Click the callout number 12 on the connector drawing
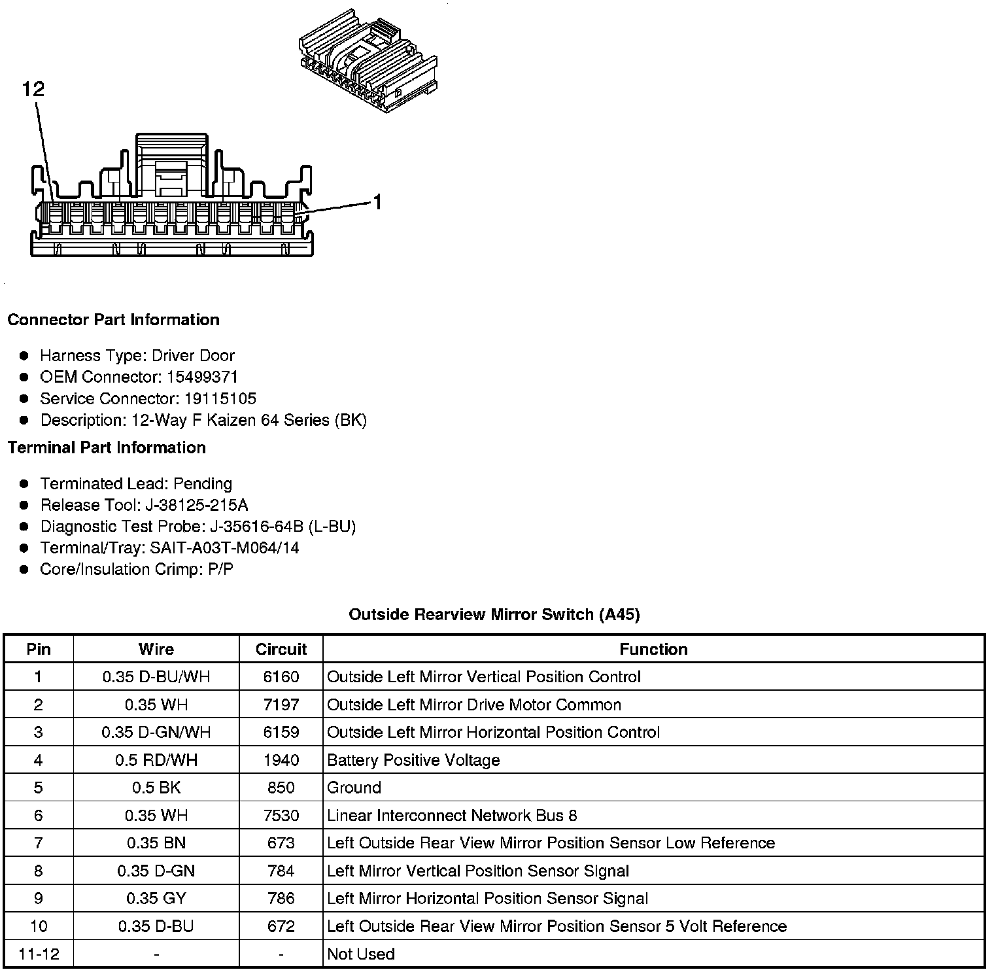tap(33, 89)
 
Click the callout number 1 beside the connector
tap(377, 203)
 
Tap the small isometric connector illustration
tap(368, 61)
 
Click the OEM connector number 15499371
tap(202, 377)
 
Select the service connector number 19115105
tap(220, 398)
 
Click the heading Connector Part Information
tap(113, 320)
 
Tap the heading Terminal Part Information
tap(107, 447)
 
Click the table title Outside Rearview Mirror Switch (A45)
tap(494, 614)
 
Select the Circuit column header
tap(281, 649)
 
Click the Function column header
tap(653, 649)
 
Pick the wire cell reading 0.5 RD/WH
tap(156, 760)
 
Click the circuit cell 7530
tap(281, 816)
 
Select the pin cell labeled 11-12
tap(39, 954)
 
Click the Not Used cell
tap(361, 954)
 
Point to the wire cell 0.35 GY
tap(156, 898)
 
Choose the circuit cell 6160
tap(281, 677)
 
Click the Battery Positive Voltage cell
tap(413, 760)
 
